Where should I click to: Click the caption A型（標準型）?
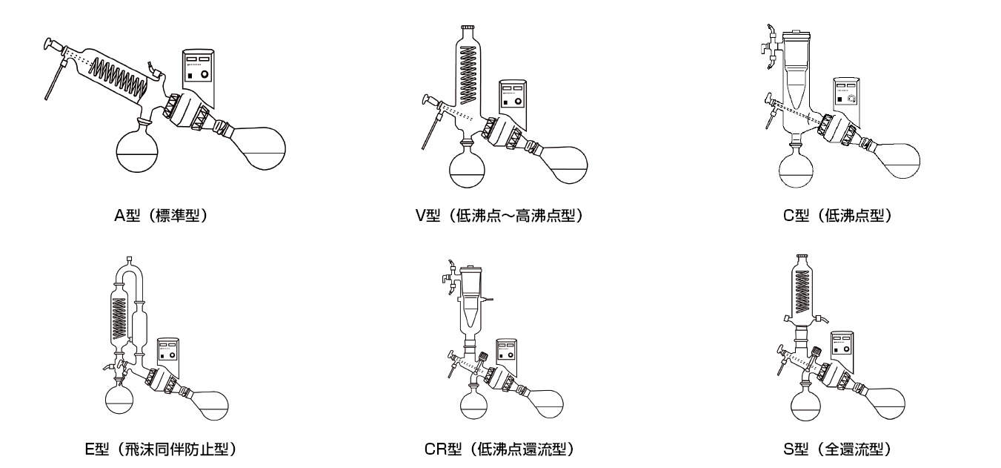pyautogui.click(x=154, y=217)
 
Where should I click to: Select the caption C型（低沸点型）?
pyautogui.click(x=837, y=217)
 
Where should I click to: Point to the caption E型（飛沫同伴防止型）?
pyautogui.click(x=161, y=449)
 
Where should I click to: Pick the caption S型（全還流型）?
pyautogui.click(x=837, y=449)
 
